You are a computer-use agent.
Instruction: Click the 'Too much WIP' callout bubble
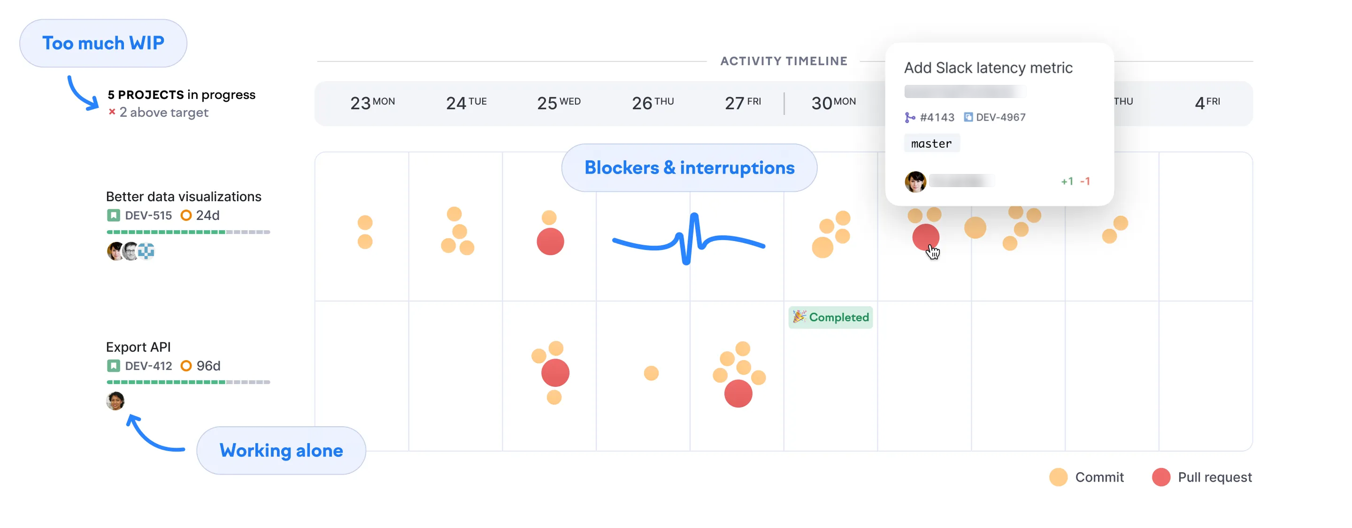coord(103,43)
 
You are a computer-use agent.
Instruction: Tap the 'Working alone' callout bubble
coord(281,451)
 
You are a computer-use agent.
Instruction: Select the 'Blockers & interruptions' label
coord(689,168)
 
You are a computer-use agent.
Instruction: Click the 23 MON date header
coord(372,103)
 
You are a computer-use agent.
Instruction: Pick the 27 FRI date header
coord(742,103)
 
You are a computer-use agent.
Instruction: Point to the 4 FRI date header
coord(1206,103)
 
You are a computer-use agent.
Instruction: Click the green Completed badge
coord(830,317)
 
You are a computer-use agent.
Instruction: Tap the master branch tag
coord(931,143)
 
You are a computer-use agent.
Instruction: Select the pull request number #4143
coord(937,117)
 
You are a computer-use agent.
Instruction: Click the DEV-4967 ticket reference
coord(1000,117)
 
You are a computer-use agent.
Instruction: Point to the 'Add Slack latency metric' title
coord(988,68)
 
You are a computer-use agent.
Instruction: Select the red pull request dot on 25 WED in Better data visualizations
coord(550,241)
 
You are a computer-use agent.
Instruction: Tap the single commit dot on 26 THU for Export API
coord(651,373)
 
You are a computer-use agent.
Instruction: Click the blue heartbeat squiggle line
coord(689,240)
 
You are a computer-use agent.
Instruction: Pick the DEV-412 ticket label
coord(148,366)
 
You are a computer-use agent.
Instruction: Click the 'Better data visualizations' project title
coord(183,196)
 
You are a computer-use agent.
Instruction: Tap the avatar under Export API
coord(115,401)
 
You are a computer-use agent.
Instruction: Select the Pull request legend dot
coord(1160,477)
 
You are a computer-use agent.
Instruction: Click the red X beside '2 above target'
coord(112,112)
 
